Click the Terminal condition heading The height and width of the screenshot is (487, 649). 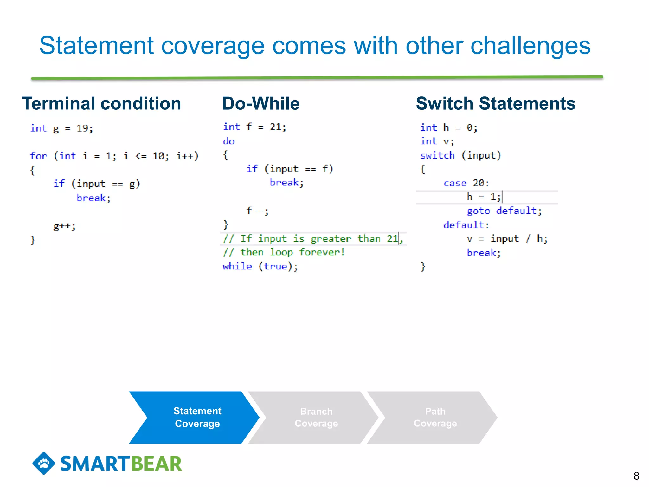[101, 104]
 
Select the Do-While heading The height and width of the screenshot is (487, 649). [260, 104]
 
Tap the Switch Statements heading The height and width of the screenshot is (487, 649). [495, 104]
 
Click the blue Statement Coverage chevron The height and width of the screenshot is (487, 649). [197, 417]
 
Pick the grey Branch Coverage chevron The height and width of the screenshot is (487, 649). [316, 417]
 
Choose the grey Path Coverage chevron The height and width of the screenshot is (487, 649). [435, 417]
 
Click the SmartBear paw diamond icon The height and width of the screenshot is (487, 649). [44, 463]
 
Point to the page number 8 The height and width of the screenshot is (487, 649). [636, 476]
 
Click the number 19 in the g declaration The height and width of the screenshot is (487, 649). [82, 128]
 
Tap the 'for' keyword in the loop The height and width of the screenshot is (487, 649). [38, 156]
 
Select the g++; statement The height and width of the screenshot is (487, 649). [64, 226]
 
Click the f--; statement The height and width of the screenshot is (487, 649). [257, 211]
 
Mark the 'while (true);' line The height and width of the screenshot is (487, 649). [260, 266]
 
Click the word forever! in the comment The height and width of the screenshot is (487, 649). [321, 252]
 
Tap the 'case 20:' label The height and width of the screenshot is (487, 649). [466, 183]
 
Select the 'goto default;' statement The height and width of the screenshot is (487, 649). [504, 211]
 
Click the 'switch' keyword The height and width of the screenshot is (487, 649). [437, 155]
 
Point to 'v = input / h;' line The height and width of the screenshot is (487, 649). [507, 239]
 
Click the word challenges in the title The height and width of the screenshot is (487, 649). [530, 46]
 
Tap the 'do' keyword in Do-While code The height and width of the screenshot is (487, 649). [228, 141]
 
